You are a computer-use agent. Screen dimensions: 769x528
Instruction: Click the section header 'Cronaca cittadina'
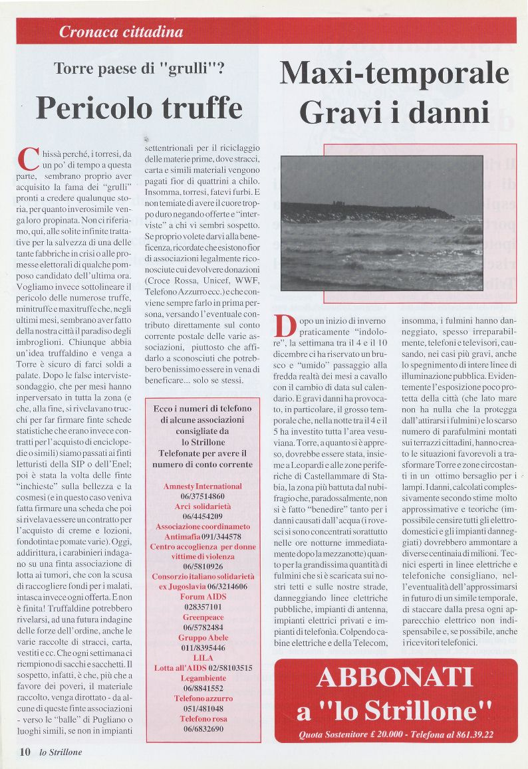pyautogui.click(x=120, y=31)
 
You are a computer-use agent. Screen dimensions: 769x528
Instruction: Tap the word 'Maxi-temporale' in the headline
pyautogui.click(x=394, y=73)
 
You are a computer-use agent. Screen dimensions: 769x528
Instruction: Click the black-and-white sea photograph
pyautogui.click(x=381, y=223)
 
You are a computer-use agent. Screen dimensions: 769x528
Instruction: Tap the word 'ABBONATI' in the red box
pyautogui.click(x=394, y=677)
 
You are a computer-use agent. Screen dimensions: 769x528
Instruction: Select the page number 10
pyautogui.click(x=25, y=752)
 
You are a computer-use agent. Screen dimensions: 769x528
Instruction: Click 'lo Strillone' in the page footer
pyautogui.click(x=61, y=752)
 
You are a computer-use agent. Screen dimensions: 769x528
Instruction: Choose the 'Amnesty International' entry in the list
pyautogui.click(x=203, y=487)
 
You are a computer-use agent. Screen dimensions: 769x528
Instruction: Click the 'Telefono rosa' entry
pyautogui.click(x=203, y=718)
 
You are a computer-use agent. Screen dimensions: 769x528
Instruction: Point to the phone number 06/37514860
pyautogui.click(x=203, y=496)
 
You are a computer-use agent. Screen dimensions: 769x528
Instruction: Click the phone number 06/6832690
pyautogui.click(x=203, y=728)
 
